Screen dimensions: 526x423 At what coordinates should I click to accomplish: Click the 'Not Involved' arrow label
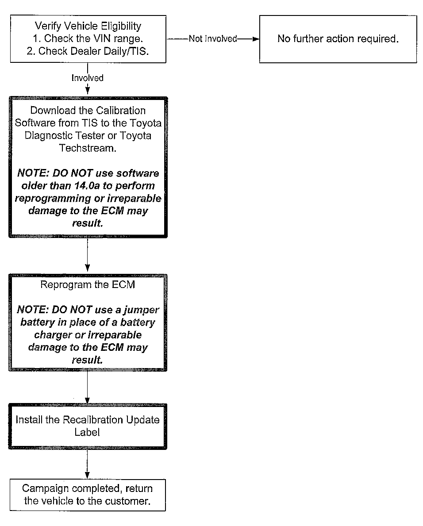coord(212,39)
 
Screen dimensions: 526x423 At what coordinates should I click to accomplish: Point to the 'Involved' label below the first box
coord(88,78)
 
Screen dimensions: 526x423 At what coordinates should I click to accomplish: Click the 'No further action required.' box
coord(338,39)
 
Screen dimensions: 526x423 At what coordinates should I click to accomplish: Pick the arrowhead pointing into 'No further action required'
coord(254,39)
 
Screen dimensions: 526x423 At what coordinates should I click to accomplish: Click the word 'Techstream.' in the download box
coord(88,148)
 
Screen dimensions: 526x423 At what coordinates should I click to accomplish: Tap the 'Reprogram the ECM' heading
coord(88,284)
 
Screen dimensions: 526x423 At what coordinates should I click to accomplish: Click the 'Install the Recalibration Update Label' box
coord(88,426)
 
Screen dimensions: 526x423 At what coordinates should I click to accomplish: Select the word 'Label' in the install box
coord(88,432)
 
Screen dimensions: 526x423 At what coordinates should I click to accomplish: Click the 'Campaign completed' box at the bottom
coord(88,495)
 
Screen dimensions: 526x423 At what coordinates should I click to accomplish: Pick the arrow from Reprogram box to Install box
coord(88,387)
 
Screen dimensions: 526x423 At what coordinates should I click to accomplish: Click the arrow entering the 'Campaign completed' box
coord(88,465)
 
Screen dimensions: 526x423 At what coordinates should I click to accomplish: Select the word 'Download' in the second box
coord(49,111)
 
